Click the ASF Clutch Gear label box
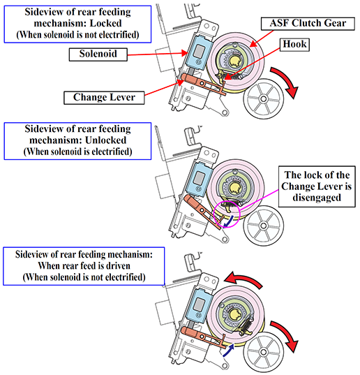pos(308,24)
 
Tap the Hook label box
pos(294,45)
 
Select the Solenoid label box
pos(98,54)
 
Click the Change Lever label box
pos(104,98)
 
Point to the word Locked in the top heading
pos(105,23)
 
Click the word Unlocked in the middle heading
pos(105,140)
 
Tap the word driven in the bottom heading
pos(119,265)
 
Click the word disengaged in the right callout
pos(317,198)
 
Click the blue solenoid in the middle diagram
pos(199,179)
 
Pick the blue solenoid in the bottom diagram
pos(199,304)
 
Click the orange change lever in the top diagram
pos(203,84)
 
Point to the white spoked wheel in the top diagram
pos(264,98)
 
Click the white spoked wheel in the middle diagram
pos(264,226)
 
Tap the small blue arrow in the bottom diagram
pos(228,350)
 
